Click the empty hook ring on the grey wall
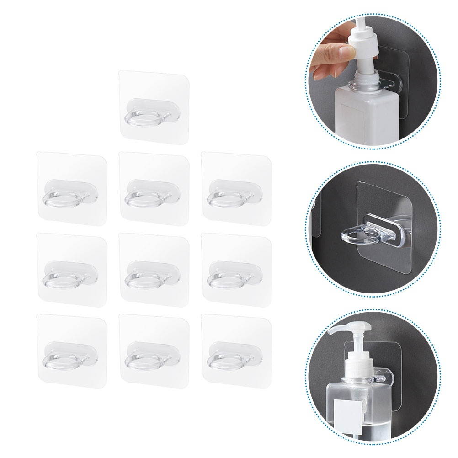[361, 235]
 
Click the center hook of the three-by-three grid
[154, 270]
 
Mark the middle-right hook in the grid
[236, 270]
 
